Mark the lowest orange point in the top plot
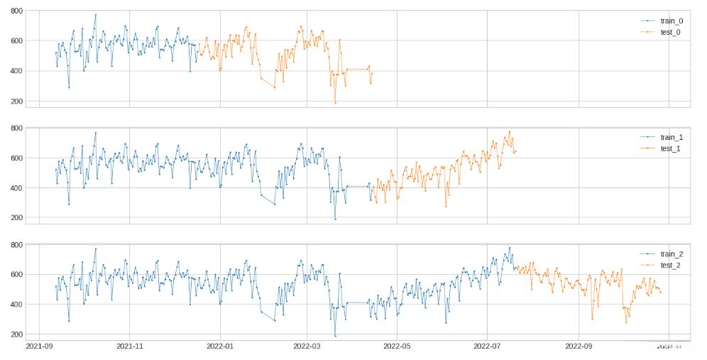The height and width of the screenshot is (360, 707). click(335, 103)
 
